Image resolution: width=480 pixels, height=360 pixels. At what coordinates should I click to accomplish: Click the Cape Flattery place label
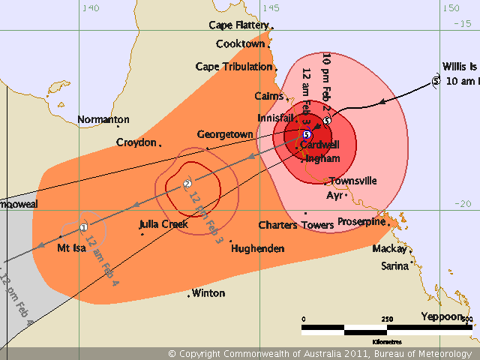click(238, 25)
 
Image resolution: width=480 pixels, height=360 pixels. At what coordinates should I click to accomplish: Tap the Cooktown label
click(240, 44)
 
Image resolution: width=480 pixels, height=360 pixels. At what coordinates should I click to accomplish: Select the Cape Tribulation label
click(233, 67)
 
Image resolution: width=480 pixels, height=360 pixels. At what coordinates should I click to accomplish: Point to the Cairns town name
click(268, 96)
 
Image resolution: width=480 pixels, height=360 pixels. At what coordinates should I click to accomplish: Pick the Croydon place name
click(136, 142)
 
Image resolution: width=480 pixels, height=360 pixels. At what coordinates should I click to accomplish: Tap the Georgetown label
click(224, 135)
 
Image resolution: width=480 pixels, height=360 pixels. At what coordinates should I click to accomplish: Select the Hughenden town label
click(257, 248)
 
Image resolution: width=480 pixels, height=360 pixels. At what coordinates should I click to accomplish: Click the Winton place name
click(208, 293)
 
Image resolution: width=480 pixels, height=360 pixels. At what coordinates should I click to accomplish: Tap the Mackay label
click(389, 249)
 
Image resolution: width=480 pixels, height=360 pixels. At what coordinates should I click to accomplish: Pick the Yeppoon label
click(441, 316)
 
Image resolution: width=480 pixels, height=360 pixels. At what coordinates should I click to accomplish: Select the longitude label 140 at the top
click(90, 8)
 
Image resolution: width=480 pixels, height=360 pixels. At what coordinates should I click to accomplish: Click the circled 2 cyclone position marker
click(187, 184)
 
